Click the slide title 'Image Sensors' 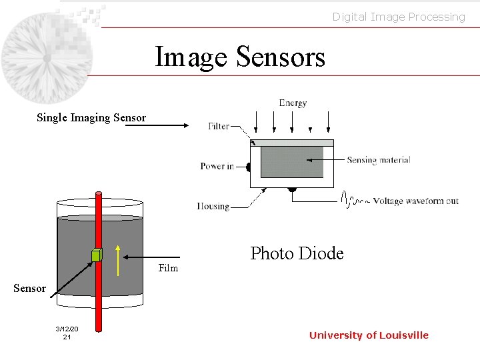240,57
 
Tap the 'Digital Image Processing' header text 399,17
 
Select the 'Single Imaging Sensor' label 91,118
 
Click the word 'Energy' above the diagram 293,103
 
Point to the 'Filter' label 219,126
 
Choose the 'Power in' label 217,166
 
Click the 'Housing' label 213,206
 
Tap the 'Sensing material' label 378,160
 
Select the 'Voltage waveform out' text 415,201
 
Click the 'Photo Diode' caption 297,253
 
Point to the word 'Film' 168,268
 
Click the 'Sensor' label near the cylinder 30,289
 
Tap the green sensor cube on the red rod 97,255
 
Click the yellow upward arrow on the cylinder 118,261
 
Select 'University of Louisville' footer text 369,335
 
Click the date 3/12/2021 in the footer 67,333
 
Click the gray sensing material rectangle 291,162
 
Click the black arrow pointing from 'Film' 140,257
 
